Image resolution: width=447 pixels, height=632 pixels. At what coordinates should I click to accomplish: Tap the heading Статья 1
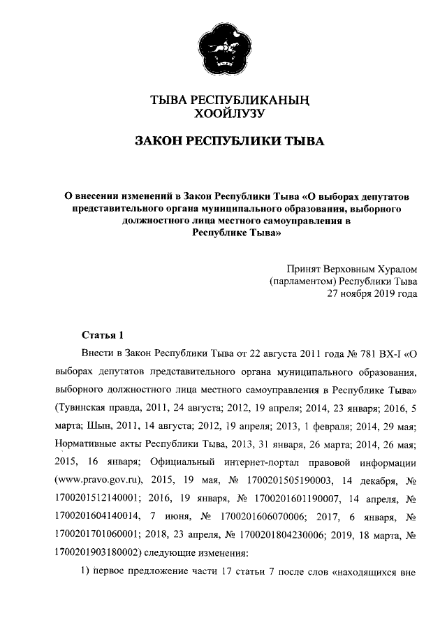click(x=102, y=335)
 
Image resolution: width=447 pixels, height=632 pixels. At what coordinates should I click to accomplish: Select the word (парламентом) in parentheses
click(x=302, y=281)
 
